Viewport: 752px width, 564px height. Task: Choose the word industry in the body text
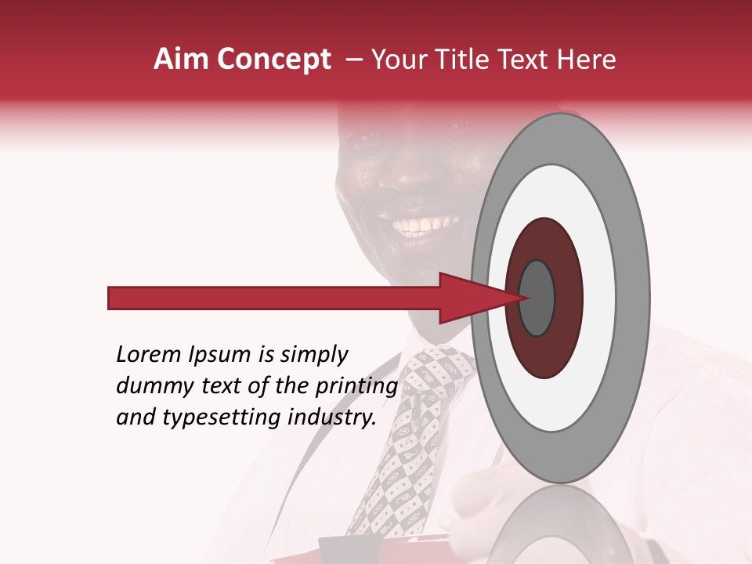tap(334, 418)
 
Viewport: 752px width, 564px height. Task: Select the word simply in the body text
tap(313, 356)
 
